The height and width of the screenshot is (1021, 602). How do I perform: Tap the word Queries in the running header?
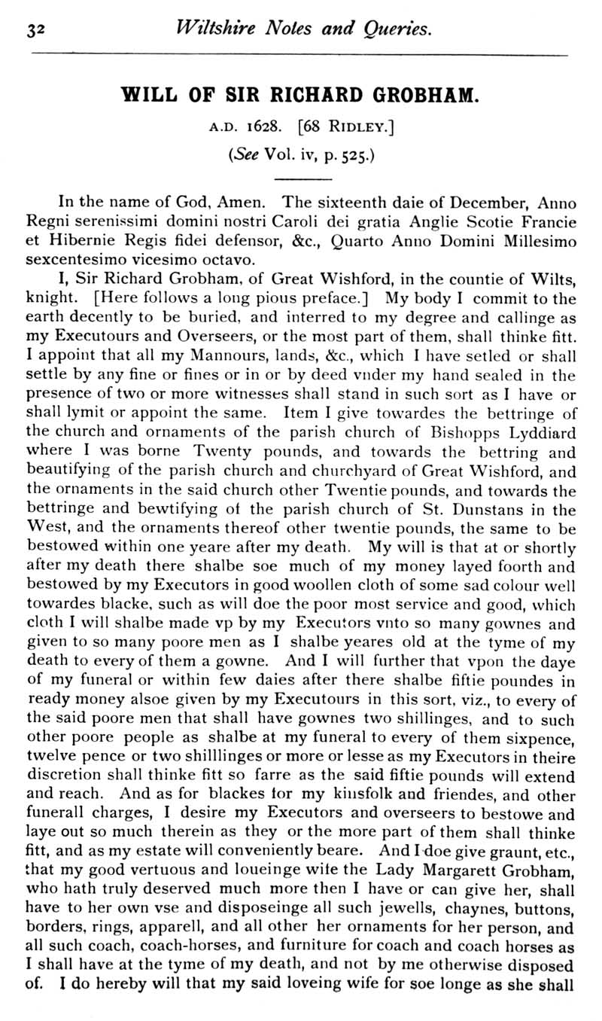(x=397, y=29)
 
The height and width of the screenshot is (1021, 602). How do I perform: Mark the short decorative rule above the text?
(x=303, y=179)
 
